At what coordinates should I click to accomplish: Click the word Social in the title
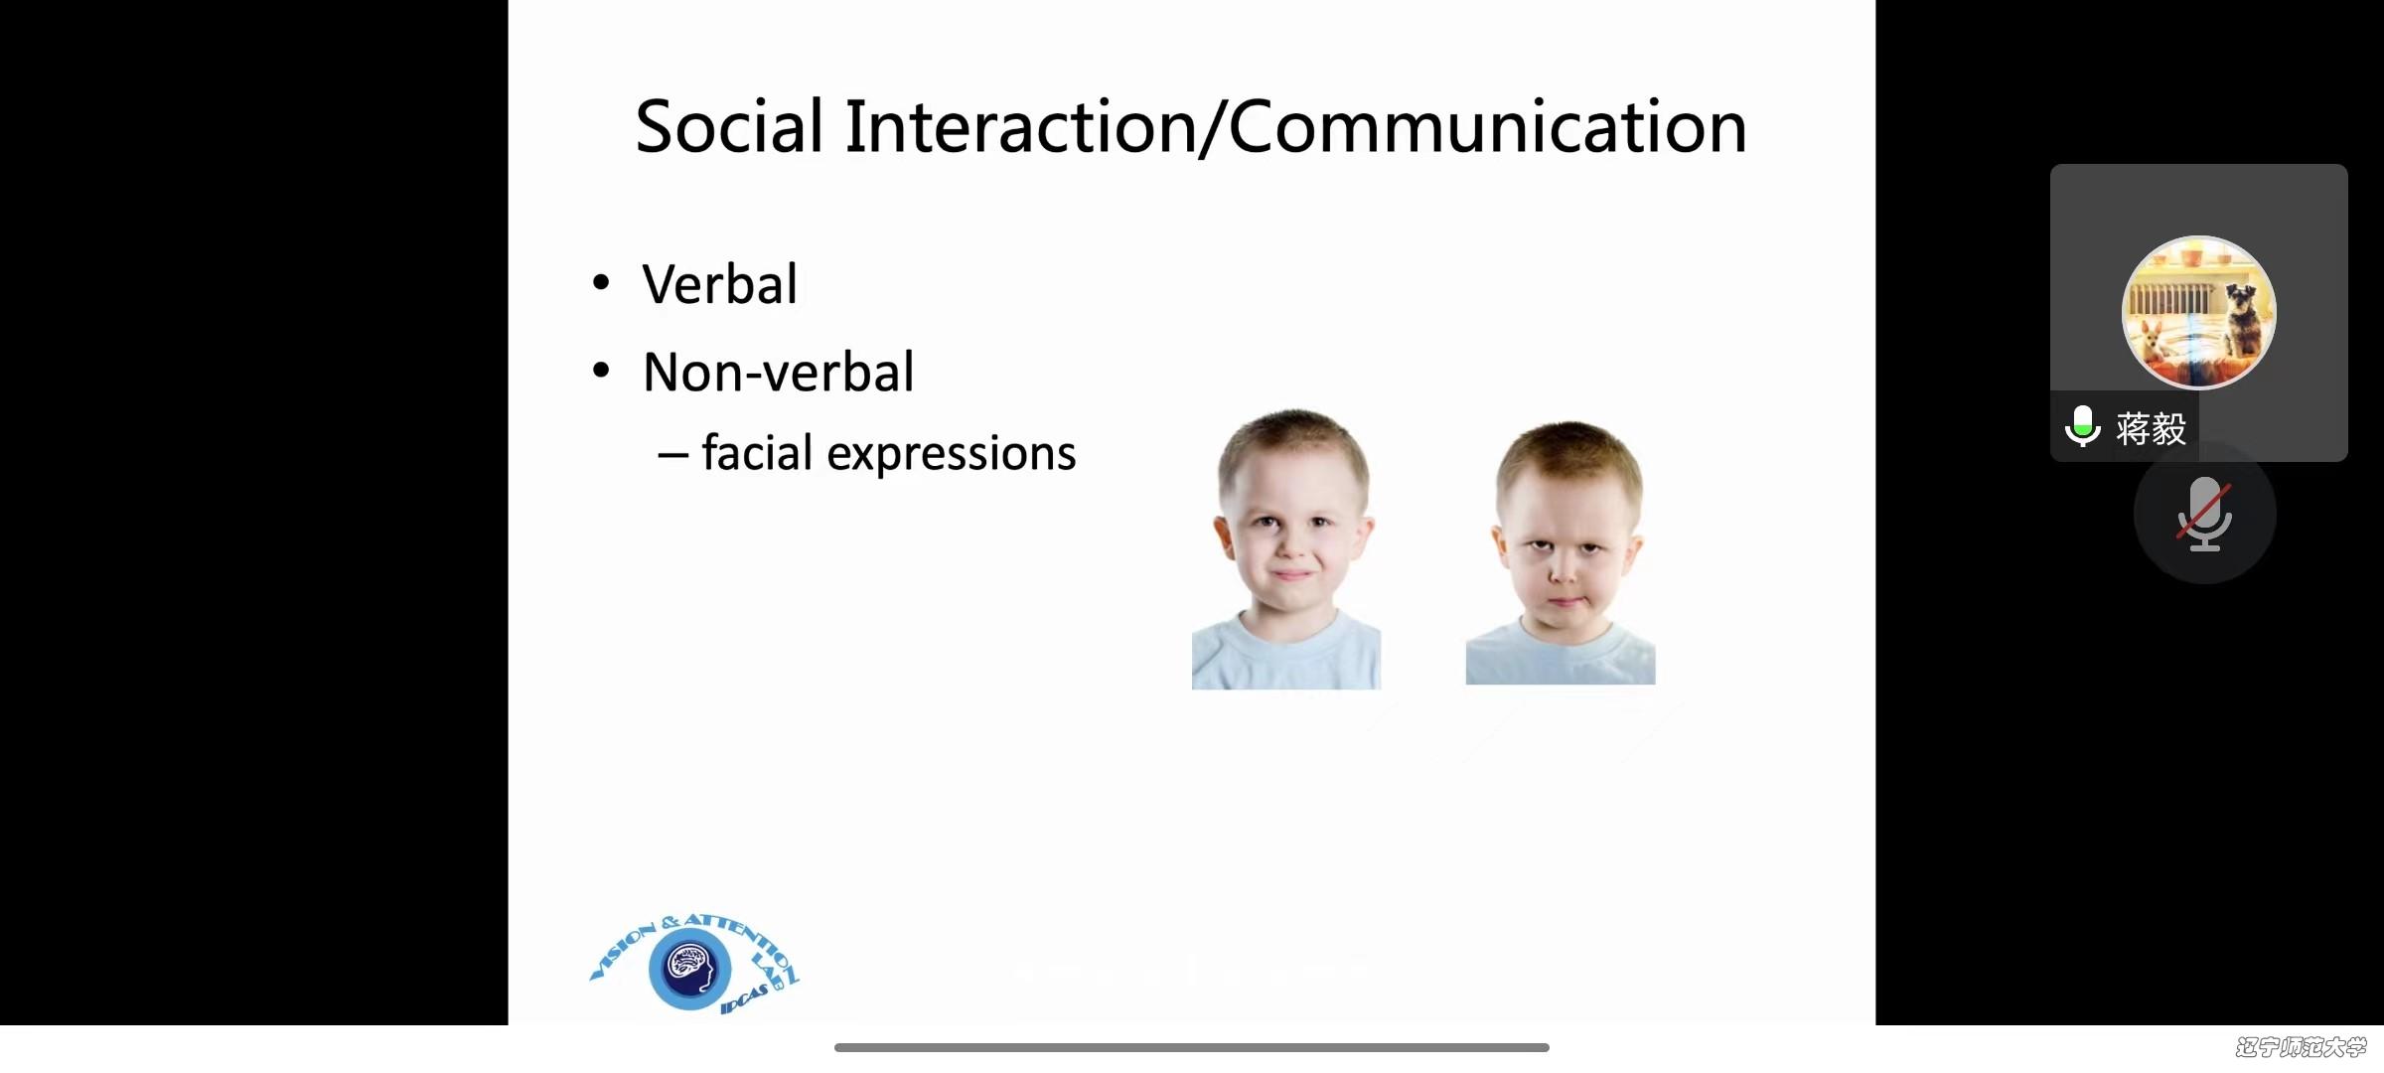pyautogui.click(x=729, y=127)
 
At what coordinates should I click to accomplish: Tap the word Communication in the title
pyautogui.click(x=1488, y=127)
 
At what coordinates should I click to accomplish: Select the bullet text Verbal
pyautogui.click(x=720, y=284)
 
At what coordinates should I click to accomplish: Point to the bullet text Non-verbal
pyautogui.click(x=778, y=372)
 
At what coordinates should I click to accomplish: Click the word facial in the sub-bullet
pyautogui.click(x=757, y=453)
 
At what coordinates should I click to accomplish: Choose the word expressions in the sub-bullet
pyautogui.click(x=952, y=455)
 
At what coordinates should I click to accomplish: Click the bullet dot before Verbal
pyautogui.click(x=600, y=283)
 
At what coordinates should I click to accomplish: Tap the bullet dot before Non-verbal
pyautogui.click(x=600, y=371)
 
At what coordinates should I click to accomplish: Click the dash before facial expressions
pyautogui.click(x=672, y=456)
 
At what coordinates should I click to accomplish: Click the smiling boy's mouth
pyautogui.click(x=1292, y=574)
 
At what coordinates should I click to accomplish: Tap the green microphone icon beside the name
pyautogui.click(x=2082, y=427)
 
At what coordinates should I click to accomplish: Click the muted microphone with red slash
pyautogui.click(x=2205, y=514)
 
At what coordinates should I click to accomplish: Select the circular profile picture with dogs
pyautogui.click(x=2198, y=312)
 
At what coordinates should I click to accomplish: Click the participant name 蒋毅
pyautogui.click(x=2151, y=428)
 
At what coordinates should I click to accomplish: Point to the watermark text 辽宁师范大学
pyautogui.click(x=2301, y=1047)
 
